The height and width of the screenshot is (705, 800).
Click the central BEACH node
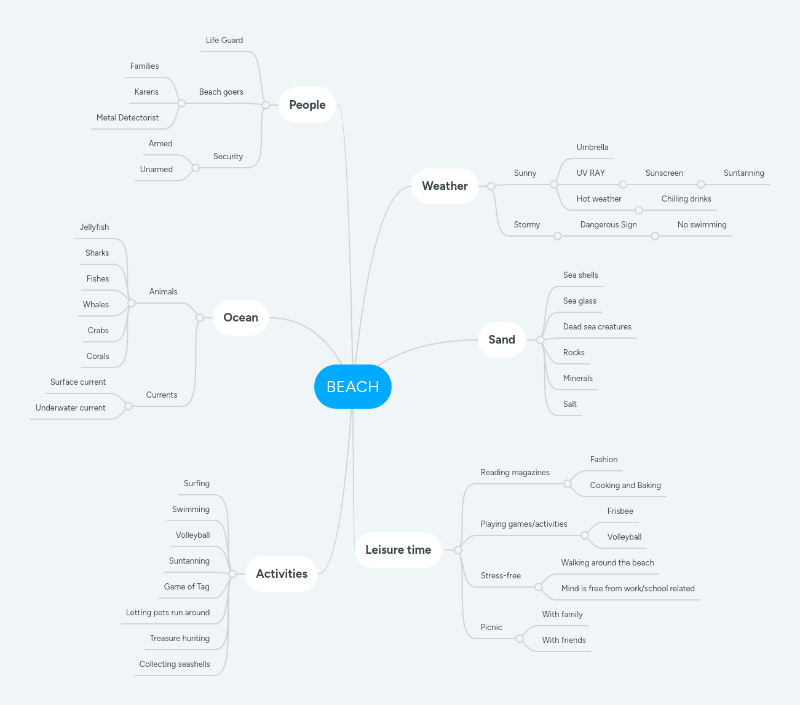(352, 387)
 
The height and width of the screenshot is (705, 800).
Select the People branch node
(307, 105)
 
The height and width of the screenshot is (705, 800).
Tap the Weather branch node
(445, 186)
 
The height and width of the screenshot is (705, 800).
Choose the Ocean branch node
(240, 318)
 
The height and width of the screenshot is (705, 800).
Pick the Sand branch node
(501, 340)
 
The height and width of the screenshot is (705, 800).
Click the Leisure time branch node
(398, 550)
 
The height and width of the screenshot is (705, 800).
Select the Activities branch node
(282, 574)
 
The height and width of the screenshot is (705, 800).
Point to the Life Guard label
(224, 41)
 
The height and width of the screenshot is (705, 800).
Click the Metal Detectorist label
(127, 118)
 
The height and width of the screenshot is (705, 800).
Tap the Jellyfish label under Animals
(94, 227)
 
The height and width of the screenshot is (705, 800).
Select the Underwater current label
(71, 408)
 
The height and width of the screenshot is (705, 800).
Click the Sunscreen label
(664, 173)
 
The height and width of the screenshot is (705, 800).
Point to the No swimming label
(702, 225)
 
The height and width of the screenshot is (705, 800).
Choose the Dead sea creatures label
(597, 327)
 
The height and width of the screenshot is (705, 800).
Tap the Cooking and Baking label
(625, 486)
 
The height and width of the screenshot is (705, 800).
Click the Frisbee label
(620, 511)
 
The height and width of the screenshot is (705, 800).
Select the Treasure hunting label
(180, 639)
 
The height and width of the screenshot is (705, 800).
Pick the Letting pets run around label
(168, 613)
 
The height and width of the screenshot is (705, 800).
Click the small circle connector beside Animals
(132, 303)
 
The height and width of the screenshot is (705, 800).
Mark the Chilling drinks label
(686, 199)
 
